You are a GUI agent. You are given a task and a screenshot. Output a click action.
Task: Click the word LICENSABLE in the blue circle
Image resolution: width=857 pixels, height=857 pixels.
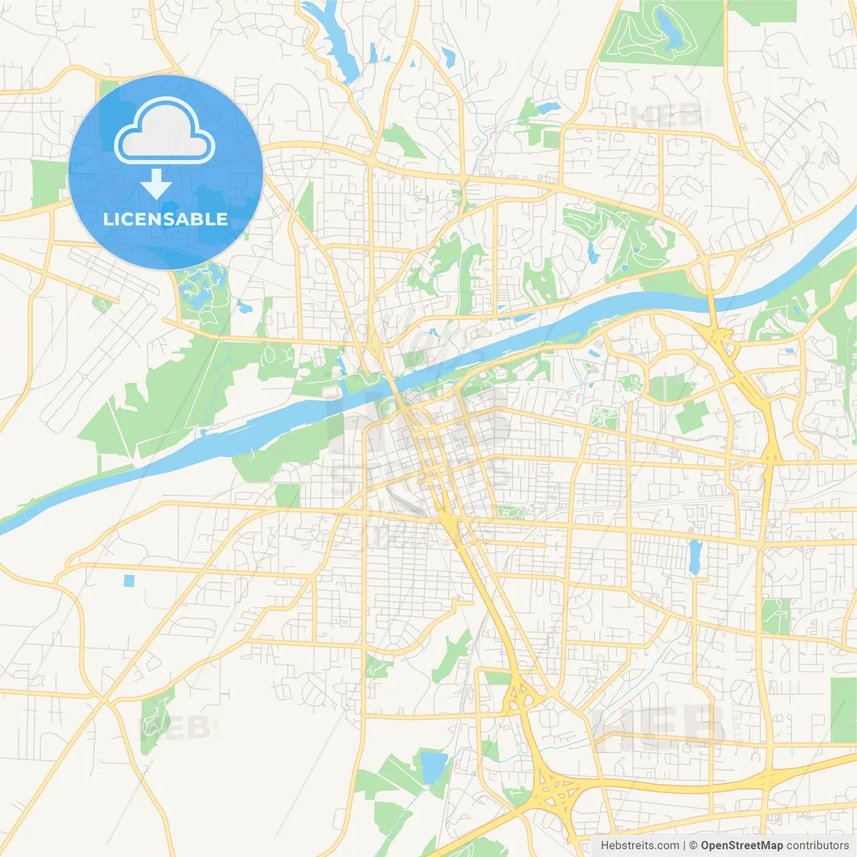pyautogui.click(x=165, y=219)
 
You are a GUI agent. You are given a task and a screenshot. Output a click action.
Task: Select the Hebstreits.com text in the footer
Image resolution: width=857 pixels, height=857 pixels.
pyautogui.click(x=639, y=846)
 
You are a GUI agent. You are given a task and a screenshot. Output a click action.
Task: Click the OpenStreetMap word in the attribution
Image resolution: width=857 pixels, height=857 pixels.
pyautogui.click(x=741, y=846)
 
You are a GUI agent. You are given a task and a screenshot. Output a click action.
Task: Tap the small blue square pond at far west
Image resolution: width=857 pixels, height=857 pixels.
pyautogui.click(x=129, y=580)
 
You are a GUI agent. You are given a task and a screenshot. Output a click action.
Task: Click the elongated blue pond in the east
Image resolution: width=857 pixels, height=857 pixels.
pyautogui.click(x=695, y=557)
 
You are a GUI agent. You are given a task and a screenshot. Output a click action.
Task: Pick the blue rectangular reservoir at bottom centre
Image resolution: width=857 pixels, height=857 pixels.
pyautogui.click(x=434, y=767)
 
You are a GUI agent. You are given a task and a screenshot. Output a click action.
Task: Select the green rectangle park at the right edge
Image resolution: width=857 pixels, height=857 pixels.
pyautogui.click(x=844, y=710)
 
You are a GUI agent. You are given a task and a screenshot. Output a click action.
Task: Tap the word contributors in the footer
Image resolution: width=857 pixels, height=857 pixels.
pyautogui.click(x=817, y=846)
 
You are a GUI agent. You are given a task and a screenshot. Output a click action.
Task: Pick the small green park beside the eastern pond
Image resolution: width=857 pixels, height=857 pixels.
pyautogui.click(x=775, y=616)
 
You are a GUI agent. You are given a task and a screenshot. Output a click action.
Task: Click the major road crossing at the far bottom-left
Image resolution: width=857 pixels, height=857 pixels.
pyautogui.click(x=104, y=701)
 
